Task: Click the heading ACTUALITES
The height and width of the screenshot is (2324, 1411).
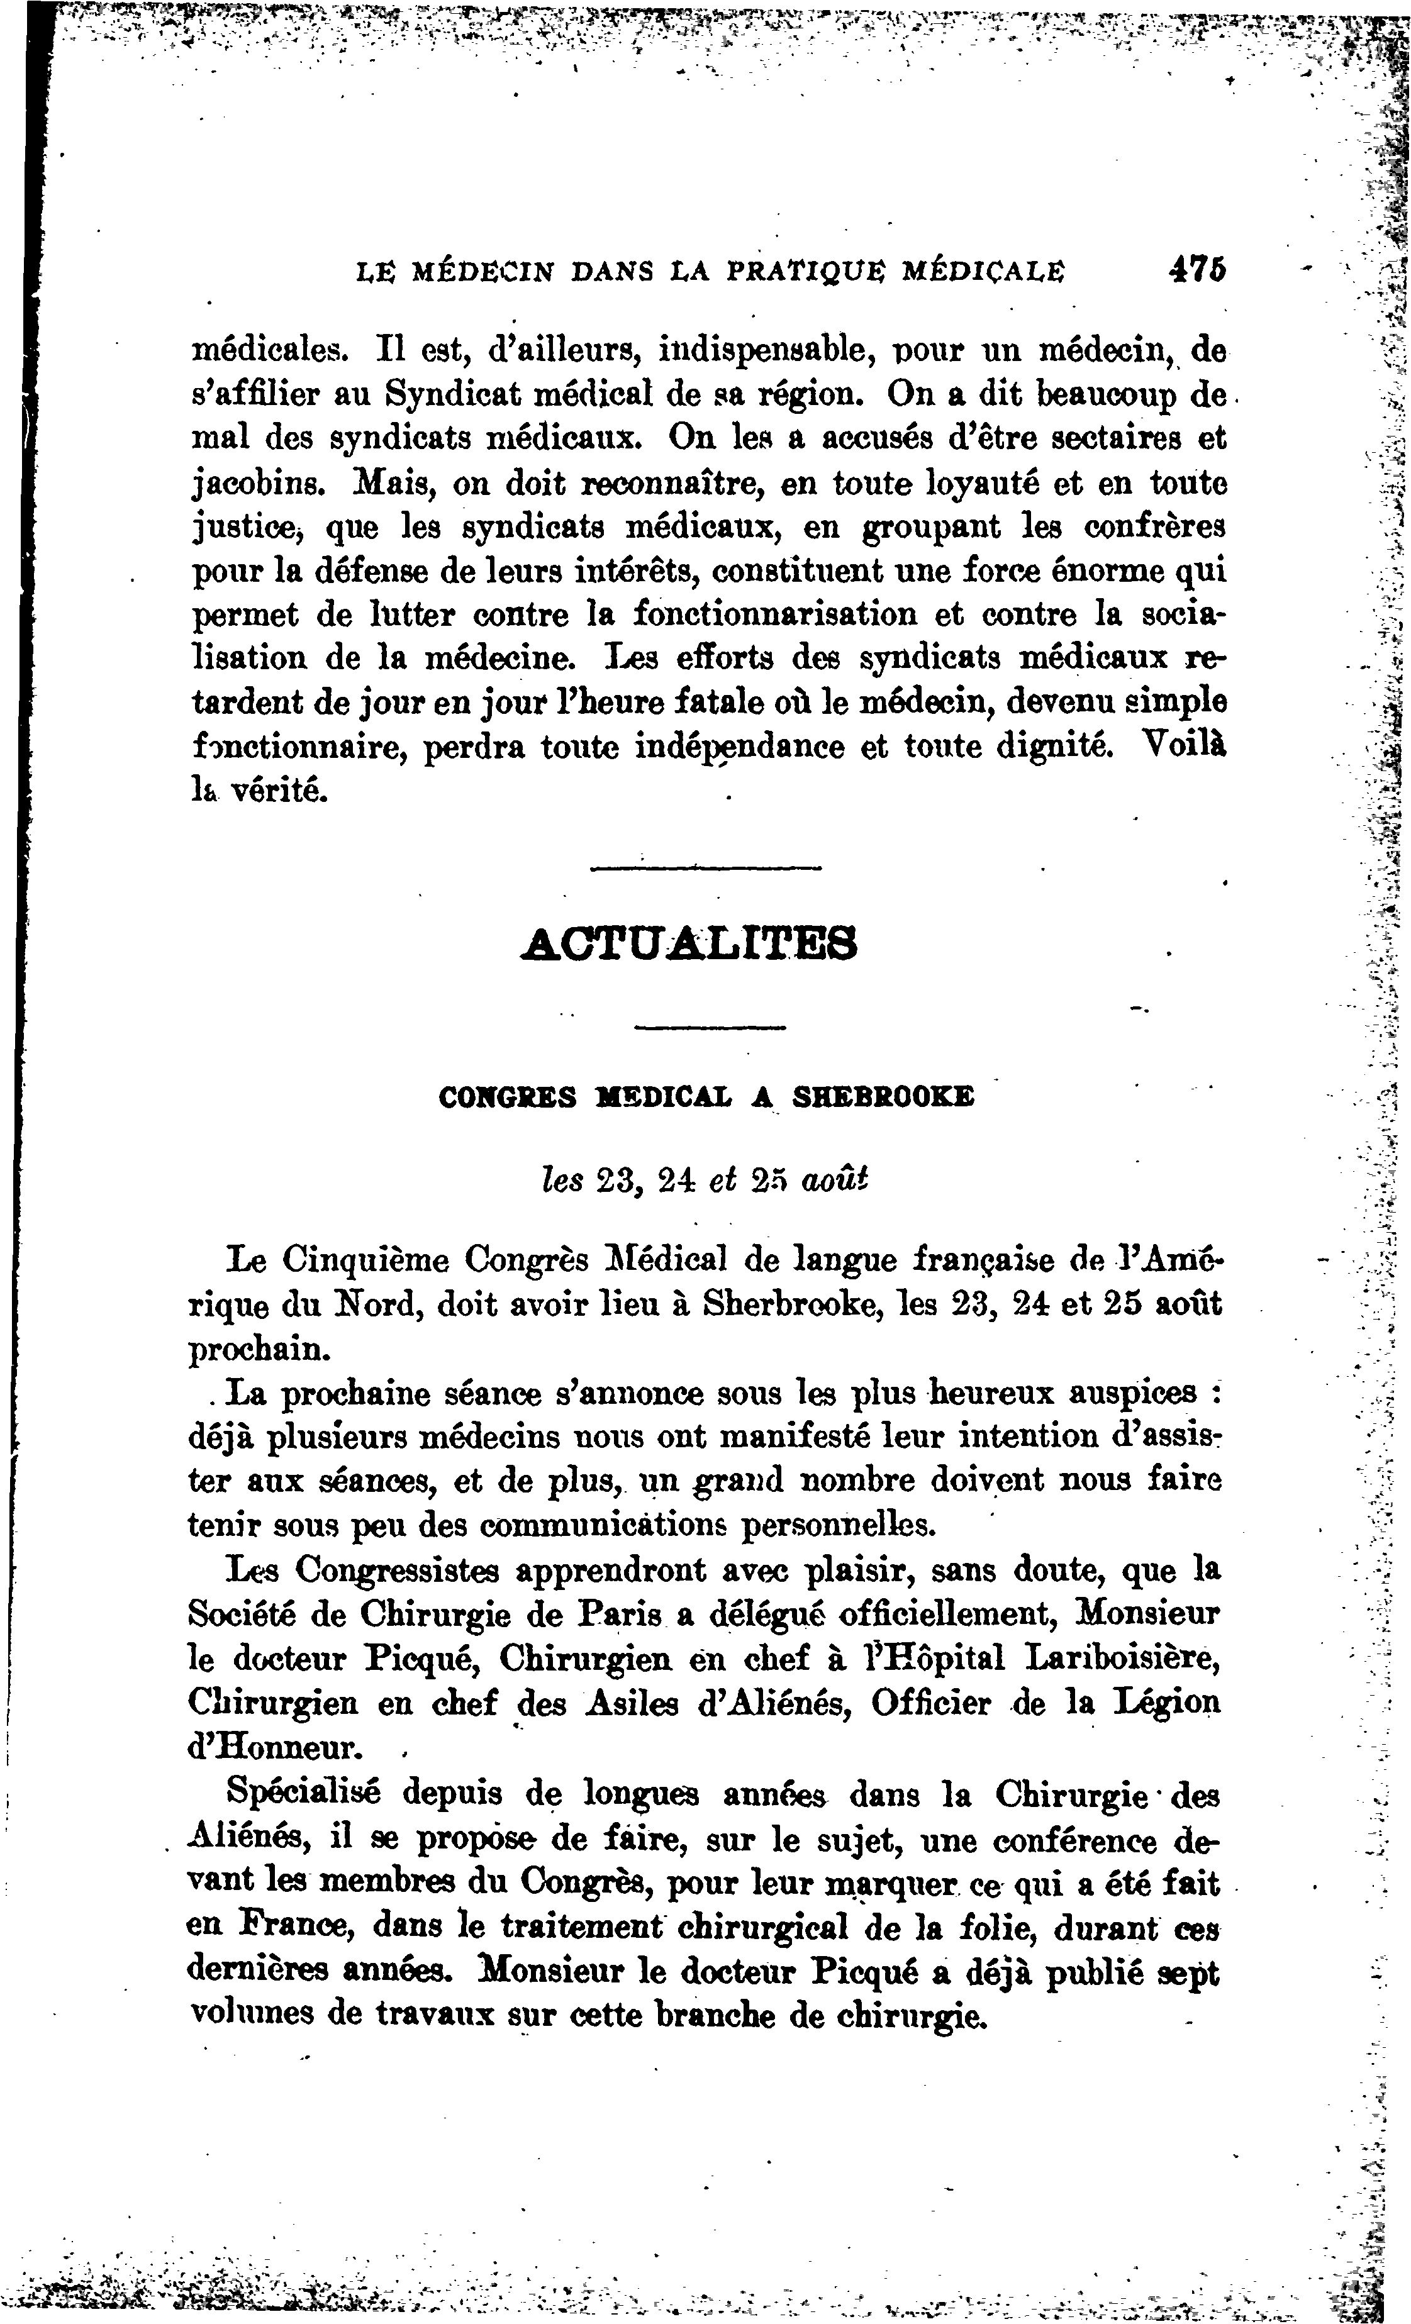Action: (x=689, y=943)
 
